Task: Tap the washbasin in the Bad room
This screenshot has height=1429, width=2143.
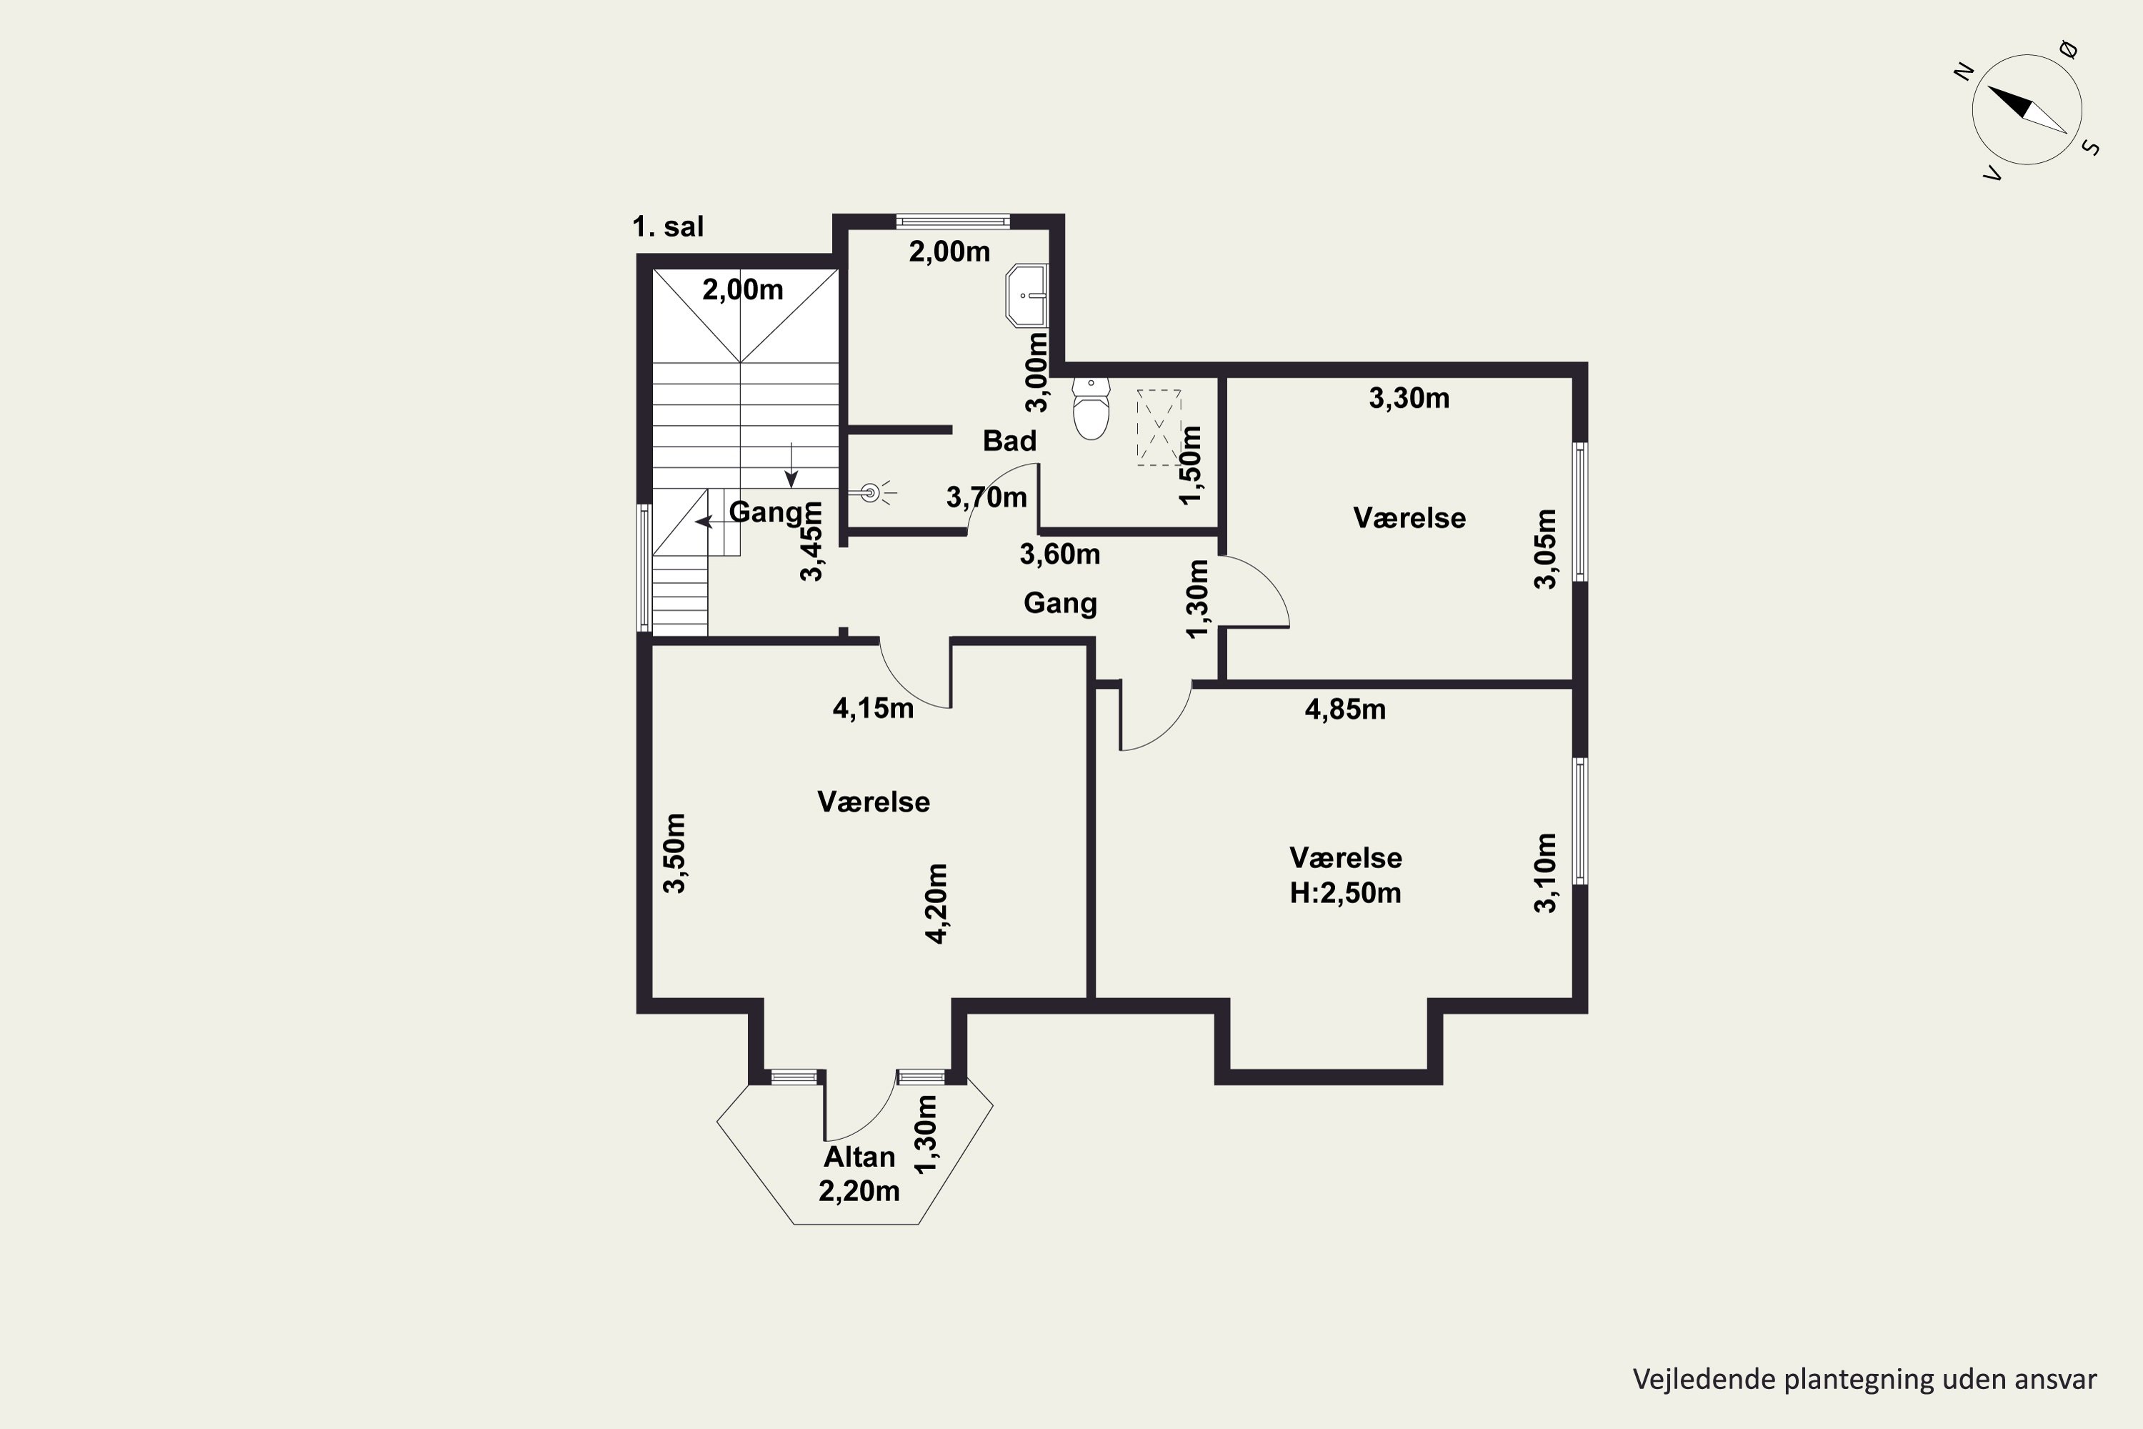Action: pyautogui.click(x=1027, y=295)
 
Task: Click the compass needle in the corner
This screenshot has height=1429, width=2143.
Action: pyautogui.click(x=2027, y=109)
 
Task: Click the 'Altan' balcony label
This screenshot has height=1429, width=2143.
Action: pyautogui.click(x=859, y=1157)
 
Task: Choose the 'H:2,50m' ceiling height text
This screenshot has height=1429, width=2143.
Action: pyautogui.click(x=1345, y=892)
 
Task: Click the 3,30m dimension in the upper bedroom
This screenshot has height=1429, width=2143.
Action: pyautogui.click(x=1409, y=398)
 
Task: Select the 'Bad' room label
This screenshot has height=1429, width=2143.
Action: pyautogui.click(x=1009, y=441)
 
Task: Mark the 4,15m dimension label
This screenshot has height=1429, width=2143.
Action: pyautogui.click(x=873, y=708)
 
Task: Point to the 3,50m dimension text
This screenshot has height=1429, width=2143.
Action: pyautogui.click(x=674, y=853)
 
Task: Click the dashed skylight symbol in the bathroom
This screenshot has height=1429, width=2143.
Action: pyautogui.click(x=1159, y=427)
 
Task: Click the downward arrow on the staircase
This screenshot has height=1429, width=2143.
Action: pyautogui.click(x=791, y=465)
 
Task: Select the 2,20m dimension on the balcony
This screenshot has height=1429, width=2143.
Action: pyautogui.click(x=859, y=1191)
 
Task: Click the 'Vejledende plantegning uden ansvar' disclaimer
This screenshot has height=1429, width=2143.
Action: pyautogui.click(x=1864, y=1380)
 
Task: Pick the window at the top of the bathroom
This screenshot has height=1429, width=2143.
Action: pyautogui.click(x=953, y=221)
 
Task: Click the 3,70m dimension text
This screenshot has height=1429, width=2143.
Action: pyautogui.click(x=986, y=497)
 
